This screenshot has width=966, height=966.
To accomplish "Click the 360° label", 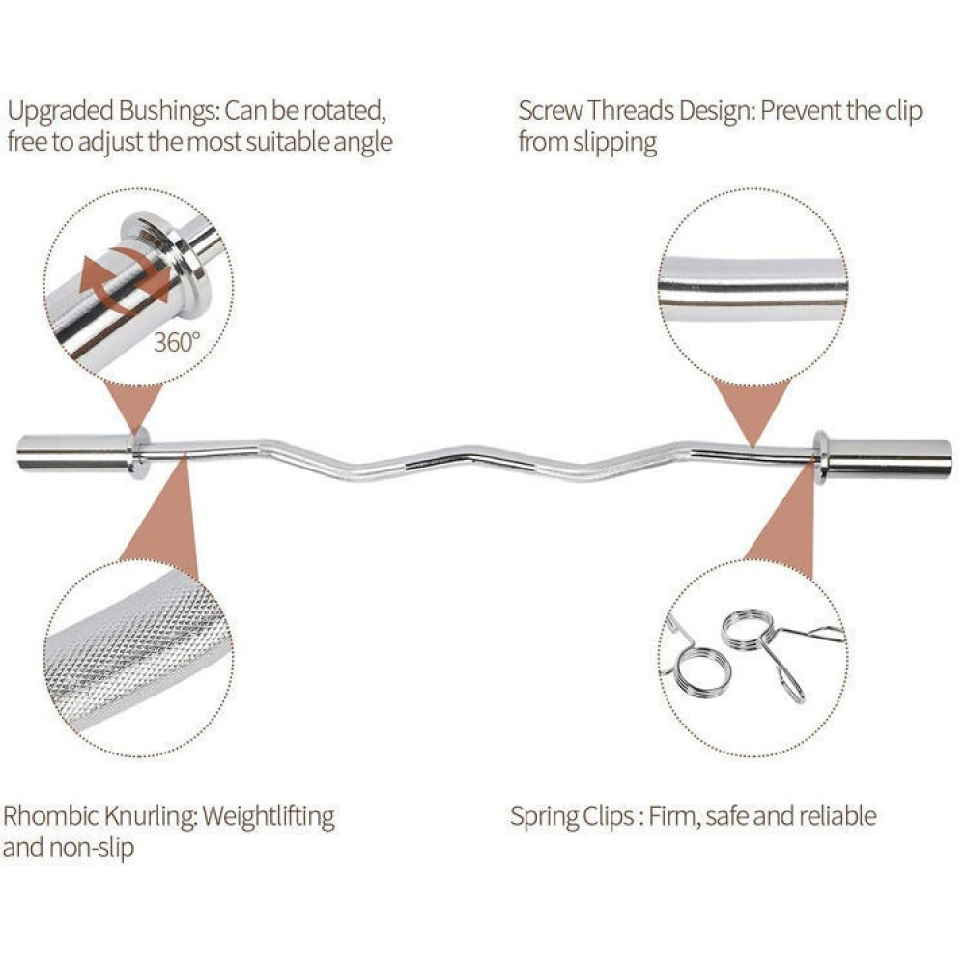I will click(178, 341).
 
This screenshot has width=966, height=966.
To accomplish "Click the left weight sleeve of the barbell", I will click(72, 452).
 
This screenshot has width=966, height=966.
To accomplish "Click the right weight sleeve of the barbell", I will click(889, 458).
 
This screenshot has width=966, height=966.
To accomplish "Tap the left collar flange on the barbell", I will click(137, 453).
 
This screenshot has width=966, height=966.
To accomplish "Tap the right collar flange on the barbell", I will click(820, 456).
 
